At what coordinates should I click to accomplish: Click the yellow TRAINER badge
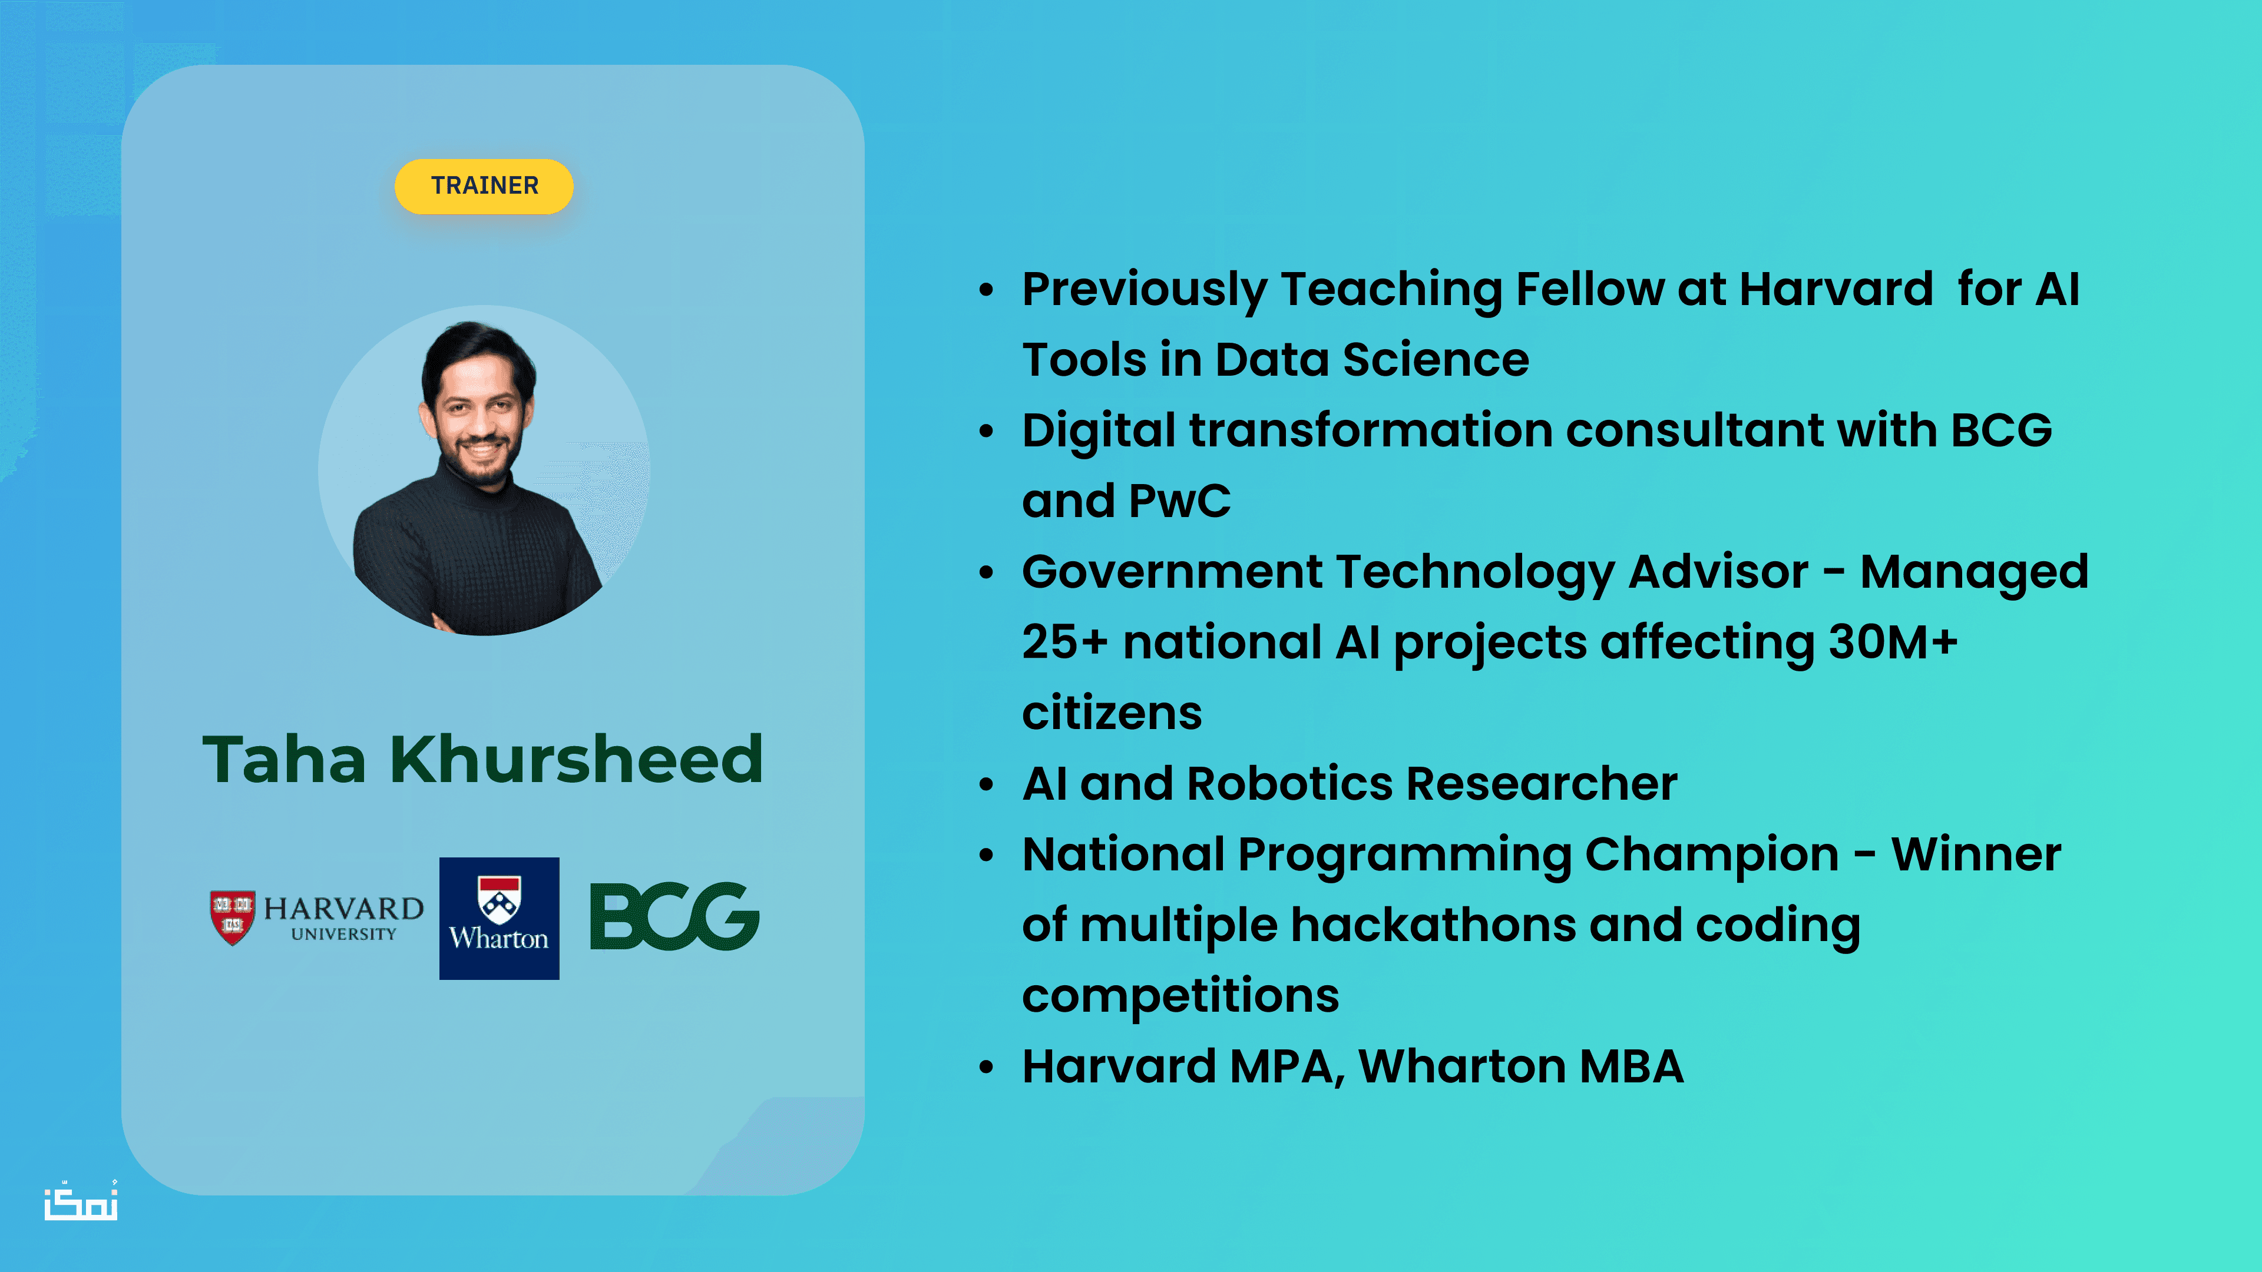tap(484, 186)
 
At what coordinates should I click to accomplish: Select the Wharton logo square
tap(499, 918)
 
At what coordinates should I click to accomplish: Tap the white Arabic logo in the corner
tap(81, 1201)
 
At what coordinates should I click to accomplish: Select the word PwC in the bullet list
tap(1179, 501)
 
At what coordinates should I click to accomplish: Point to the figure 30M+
tap(1892, 642)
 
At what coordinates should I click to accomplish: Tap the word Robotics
tap(1289, 784)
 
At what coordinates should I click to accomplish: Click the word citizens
tap(1112, 713)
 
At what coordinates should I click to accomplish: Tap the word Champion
tap(1712, 856)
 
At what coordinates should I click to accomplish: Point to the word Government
tap(1172, 572)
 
